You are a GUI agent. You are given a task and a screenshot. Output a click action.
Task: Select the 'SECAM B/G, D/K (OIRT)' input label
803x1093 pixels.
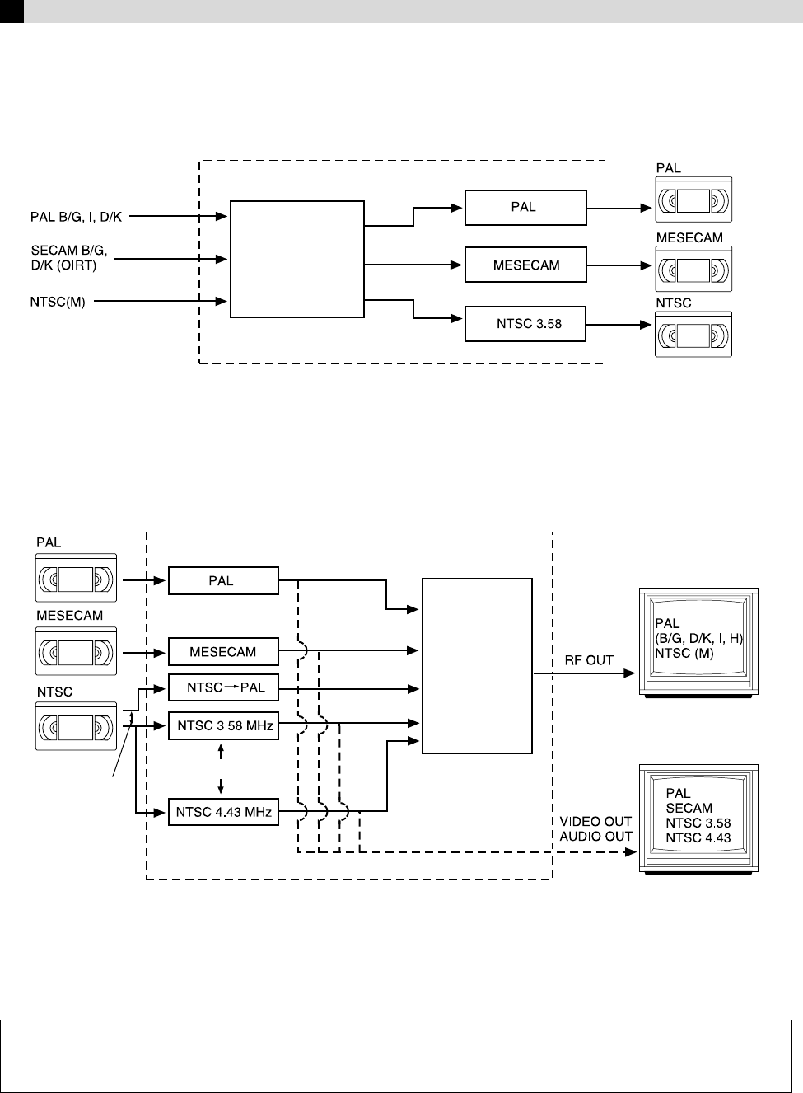pos(69,256)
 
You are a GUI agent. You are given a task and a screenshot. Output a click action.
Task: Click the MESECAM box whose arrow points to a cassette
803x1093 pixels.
pos(525,265)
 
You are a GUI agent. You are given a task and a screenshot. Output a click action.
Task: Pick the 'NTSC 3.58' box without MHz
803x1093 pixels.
pos(525,324)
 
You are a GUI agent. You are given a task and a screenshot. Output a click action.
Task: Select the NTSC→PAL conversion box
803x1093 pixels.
pos(223,687)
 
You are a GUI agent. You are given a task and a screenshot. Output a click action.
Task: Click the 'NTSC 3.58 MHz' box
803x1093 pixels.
pos(223,726)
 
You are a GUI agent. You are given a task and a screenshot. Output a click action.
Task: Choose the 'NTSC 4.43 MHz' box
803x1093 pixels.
pos(223,814)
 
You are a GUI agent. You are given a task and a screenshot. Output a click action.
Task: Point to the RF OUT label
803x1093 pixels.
pos(588,660)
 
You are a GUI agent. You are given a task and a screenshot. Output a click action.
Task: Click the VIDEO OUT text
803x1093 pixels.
pos(595,822)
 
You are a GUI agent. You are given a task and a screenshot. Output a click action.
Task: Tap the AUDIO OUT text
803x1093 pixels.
pos(595,836)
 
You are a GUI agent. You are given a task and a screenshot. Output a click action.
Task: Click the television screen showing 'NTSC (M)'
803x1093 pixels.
pos(698,639)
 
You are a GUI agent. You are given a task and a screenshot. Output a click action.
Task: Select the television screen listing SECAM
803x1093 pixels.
pos(698,816)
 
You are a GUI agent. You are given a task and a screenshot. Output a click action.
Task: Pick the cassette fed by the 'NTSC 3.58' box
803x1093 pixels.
pos(693,334)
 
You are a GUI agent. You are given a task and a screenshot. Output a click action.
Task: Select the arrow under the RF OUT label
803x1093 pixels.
pos(585,673)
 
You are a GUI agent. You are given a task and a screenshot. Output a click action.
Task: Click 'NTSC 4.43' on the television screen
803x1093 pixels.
pos(698,838)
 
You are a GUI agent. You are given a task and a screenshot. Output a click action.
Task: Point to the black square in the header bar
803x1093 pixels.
pos(12,11)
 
